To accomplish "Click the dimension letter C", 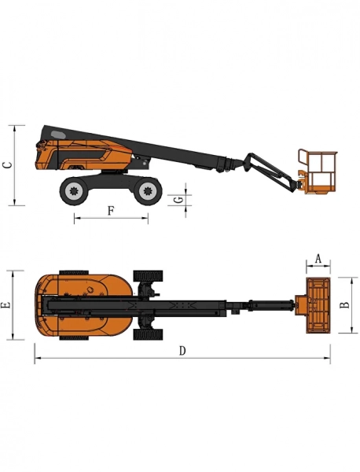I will pos(7,164).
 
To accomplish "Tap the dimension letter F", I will pos(111,210).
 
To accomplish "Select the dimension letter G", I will pos(179,200).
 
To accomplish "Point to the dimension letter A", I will pos(318,258).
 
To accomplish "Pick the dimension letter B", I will pos(343,304).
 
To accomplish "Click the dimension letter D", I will pos(182,351).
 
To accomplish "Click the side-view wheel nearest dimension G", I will pos(145,190).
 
